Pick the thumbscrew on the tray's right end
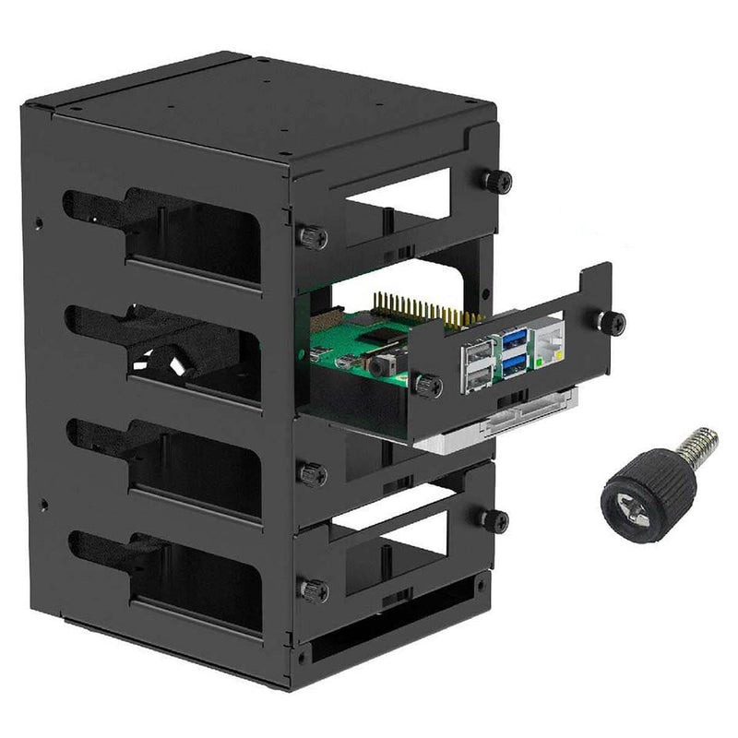(610, 322)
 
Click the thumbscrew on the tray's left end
(427, 386)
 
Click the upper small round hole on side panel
(38, 221)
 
